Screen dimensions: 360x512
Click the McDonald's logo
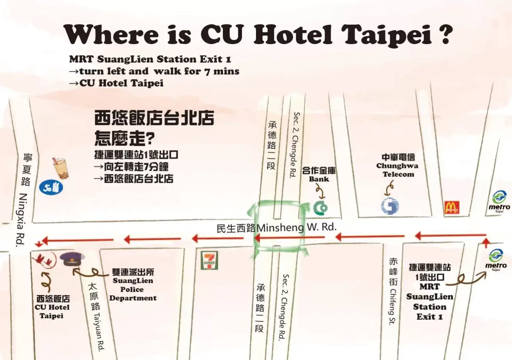(452, 207)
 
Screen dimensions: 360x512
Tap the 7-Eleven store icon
(209, 261)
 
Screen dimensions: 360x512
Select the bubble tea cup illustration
(60, 168)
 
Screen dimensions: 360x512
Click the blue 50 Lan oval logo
(51, 188)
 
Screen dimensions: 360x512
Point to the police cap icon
(72, 259)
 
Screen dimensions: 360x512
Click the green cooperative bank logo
(320, 208)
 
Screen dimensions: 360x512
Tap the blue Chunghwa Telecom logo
(390, 206)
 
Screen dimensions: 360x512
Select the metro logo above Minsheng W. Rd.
(499, 201)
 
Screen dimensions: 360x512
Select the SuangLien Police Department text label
(133, 285)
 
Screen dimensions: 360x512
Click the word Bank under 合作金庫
(319, 179)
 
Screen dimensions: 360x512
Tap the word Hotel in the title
(293, 35)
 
